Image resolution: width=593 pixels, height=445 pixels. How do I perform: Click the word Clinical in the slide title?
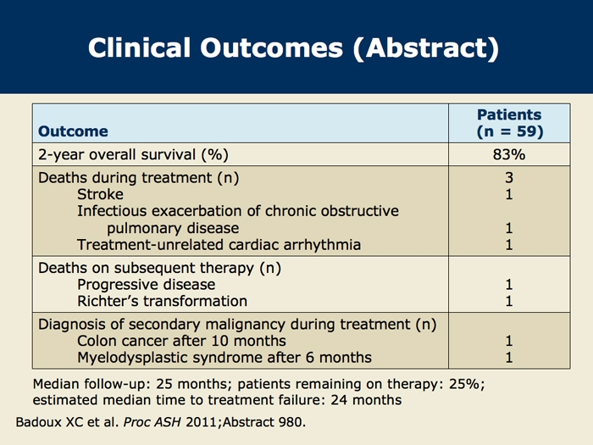139,48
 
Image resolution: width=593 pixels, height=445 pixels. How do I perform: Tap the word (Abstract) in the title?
426,49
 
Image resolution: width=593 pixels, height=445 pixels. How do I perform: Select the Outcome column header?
73,131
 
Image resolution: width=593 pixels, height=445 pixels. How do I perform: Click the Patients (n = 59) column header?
509,123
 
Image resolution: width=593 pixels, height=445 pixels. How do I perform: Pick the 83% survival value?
509,154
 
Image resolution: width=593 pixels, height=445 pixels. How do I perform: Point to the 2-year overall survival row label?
133,155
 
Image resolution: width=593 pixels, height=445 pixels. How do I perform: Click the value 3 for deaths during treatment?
509,177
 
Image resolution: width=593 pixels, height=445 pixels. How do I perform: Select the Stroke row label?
100,194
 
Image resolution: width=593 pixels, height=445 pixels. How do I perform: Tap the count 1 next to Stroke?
509,194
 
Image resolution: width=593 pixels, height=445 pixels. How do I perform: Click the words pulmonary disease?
173,228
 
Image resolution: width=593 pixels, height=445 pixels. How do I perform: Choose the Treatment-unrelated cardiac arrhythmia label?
219,245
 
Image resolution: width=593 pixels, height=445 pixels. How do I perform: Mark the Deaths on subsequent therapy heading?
159,268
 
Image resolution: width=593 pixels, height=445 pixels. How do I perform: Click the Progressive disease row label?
147,285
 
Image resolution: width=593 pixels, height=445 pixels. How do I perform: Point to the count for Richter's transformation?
509,301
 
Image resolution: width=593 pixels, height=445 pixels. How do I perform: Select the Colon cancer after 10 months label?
181,341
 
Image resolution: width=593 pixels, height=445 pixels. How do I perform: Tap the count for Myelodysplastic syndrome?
509,358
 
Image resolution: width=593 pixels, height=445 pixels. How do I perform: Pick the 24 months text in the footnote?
366,400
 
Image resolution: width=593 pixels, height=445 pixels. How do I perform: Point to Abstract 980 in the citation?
264,422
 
